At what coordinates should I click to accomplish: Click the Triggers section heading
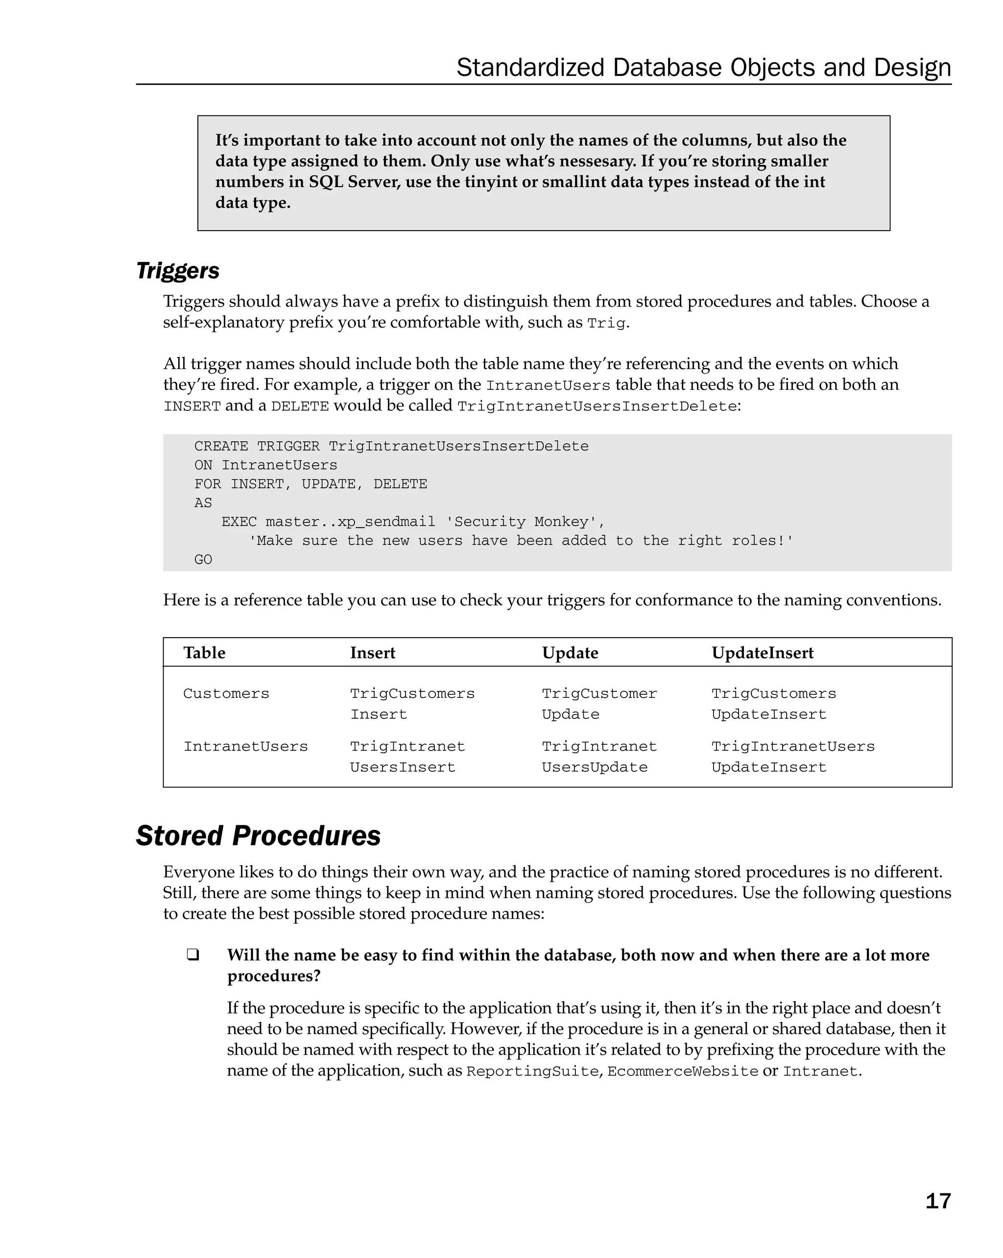[177, 271]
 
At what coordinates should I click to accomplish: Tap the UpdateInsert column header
[762, 653]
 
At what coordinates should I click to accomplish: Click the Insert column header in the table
[372, 653]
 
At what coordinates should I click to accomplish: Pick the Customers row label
[226, 694]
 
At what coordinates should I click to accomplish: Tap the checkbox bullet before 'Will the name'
[192, 955]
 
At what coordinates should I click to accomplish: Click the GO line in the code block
[203, 560]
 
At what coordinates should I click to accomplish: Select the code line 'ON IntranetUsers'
[265, 465]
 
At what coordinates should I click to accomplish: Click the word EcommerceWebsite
[682, 1072]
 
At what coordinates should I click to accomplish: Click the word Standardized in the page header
[530, 68]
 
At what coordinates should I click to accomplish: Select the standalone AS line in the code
[203, 503]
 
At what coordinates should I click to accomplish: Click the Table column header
[204, 653]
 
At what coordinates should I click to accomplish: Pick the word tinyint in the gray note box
[492, 182]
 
